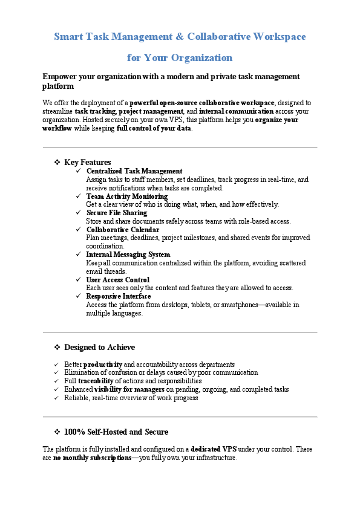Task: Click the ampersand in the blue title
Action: pos(180,37)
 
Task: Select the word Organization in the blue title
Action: pos(201,58)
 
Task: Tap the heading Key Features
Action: pos(87,162)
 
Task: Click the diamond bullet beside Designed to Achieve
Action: pos(57,348)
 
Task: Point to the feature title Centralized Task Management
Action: pos(134,171)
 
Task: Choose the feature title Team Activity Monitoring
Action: pos(126,196)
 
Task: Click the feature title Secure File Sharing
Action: pos(116,213)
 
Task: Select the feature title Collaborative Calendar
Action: pos(123,230)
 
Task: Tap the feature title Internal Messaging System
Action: pos(128,254)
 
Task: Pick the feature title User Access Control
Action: pos(117,280)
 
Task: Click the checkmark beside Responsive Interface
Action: pos(79,296)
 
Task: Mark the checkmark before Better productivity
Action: pos(56,365)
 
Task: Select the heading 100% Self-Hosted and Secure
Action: pos(116,432)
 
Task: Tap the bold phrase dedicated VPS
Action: pos(214,450)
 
